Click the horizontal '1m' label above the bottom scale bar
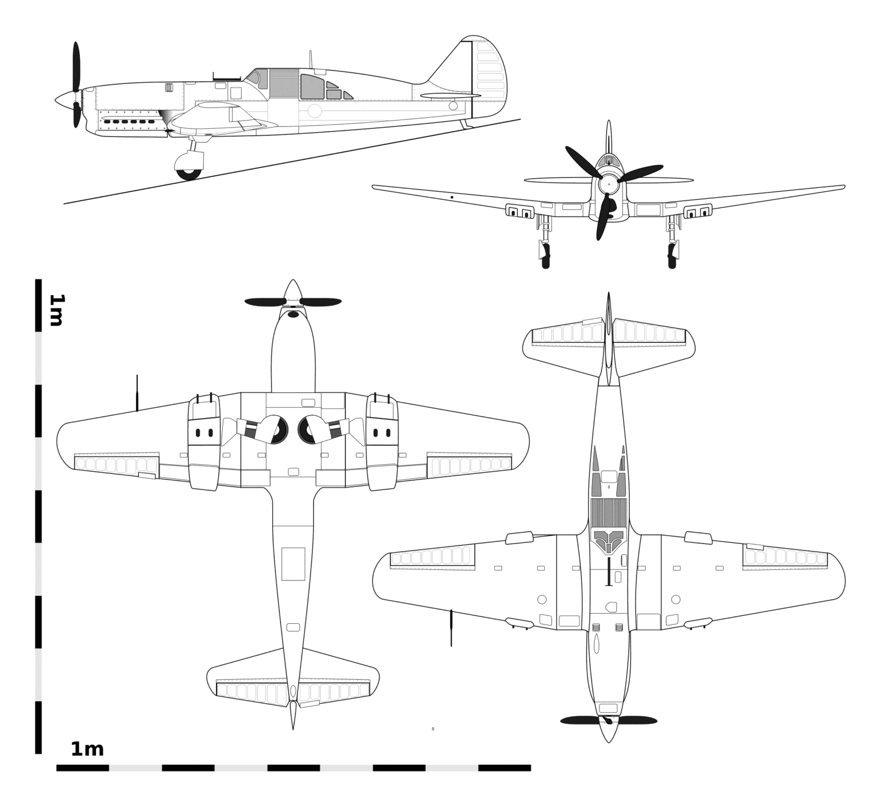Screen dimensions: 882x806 pyautogui.click(x=87, y=749)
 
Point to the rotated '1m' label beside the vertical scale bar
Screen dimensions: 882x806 pyautogui.click(x=56, y=310)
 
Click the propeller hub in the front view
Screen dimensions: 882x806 pyautogui.click(x=609, y=185)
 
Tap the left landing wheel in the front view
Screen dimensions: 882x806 pyautogui.click(x=546, y=256)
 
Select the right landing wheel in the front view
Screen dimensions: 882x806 pyautogui.click(x=672, y=256)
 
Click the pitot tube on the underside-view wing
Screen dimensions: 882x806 pyautogui.click(x=137, y=394)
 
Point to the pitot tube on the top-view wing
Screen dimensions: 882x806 pyautogui.click(x=451, y=628)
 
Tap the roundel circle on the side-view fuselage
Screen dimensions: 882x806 pyautogui.click(x=315, y=111)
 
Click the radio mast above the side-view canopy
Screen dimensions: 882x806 pyautogui.click(x=311, y=59)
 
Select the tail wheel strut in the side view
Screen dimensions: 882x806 pyautogui.click(x=466, y=124)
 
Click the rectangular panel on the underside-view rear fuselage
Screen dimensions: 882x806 pyautogui.click(x=293, y=564)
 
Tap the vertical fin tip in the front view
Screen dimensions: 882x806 pyautogui.click(x=609, y=122)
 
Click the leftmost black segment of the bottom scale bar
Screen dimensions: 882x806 pyautogui.click(x=83, y=768)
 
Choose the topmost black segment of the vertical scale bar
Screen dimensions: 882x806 pyautogui.click(x=38, y=306)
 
